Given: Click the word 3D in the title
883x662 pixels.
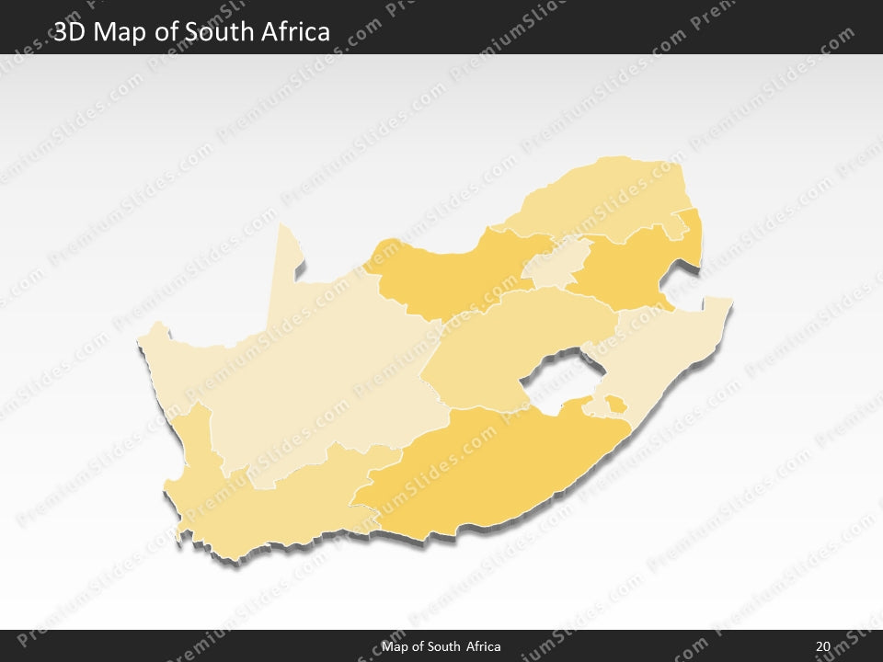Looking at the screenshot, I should tap(70, 32).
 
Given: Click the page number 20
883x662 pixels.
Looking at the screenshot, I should tap(822, 646).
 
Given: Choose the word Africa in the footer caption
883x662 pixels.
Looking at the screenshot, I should tap(484, 646).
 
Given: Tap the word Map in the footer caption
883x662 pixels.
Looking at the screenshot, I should tap(396, 646).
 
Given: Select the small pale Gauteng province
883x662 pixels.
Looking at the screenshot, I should tap(556, 262).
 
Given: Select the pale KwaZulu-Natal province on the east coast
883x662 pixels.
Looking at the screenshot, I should tap(662, 359).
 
